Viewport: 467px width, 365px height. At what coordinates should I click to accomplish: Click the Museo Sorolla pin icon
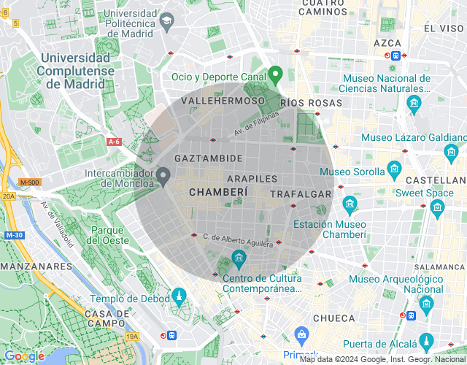click(x=394, y=170)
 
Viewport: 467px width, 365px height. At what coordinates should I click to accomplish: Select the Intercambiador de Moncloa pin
click(x=164, y=175)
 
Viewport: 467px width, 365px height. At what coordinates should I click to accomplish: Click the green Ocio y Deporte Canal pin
click(x=275, y=74)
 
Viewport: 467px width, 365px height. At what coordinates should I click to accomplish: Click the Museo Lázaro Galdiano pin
click(x=450, y=152)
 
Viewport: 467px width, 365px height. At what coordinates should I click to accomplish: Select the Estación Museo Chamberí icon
click(x=350, y=202)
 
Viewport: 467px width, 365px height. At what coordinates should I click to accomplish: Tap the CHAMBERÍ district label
click(x=217, y=191)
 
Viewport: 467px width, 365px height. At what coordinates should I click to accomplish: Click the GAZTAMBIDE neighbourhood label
click(x=208, y=158)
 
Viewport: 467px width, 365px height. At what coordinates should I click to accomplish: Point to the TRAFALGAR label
click(x=301, y=194)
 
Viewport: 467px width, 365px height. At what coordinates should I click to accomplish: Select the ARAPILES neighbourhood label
click(x=252, y=178)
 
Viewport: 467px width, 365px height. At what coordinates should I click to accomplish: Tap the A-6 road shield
click(x=113, y=142)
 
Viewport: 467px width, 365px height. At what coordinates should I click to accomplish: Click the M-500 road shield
click(x=30, y=182)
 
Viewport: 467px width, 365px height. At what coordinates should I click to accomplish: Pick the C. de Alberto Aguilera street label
click(x=238, y=240)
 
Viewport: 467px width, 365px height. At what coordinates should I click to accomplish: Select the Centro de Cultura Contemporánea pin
click(x=239, y=257)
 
